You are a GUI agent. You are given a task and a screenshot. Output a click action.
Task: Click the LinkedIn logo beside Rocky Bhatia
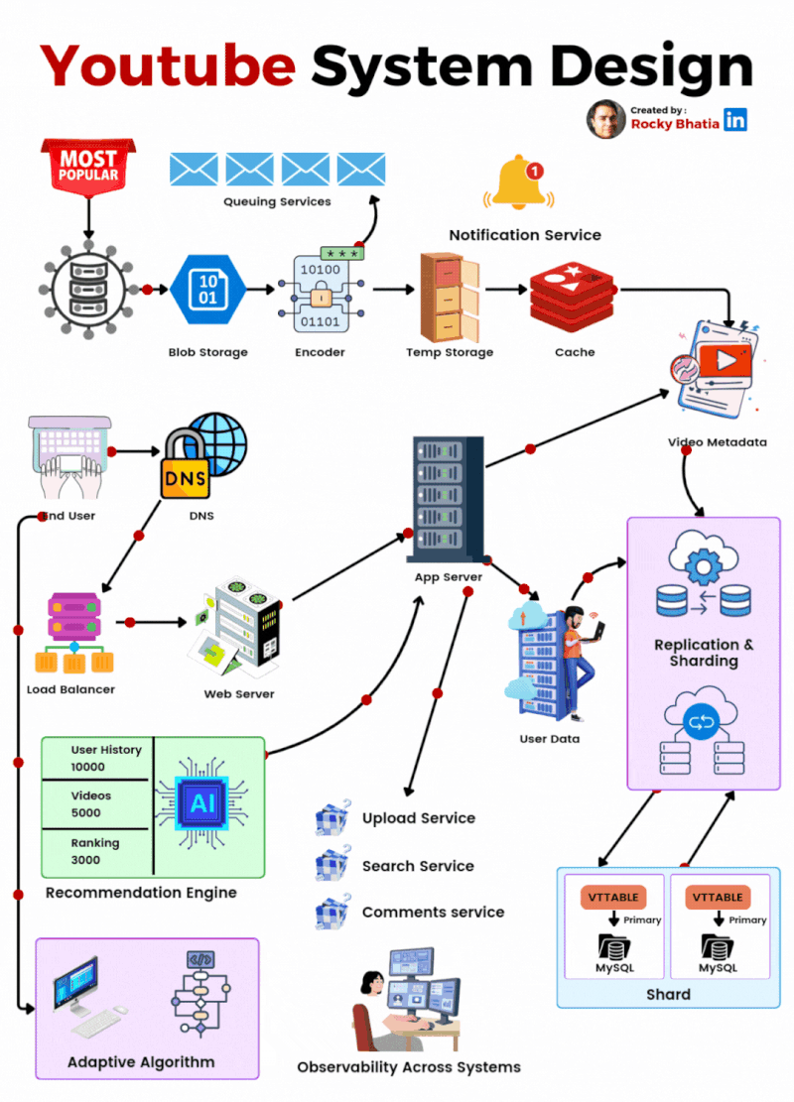point(735,120)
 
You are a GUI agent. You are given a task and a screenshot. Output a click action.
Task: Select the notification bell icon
point(521,184)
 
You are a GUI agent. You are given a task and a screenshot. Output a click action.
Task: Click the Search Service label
point(418,866)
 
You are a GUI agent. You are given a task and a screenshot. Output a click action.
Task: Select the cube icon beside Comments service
point(331,913)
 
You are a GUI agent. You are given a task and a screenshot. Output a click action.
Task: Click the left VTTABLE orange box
point(613,898)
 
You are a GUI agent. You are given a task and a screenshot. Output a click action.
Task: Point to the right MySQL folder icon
point(717,944)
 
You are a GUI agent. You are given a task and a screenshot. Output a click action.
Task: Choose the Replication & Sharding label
point(704,653)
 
